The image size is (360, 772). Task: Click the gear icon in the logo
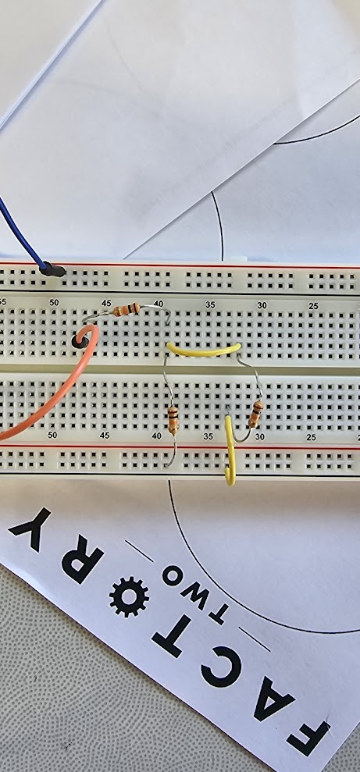129,596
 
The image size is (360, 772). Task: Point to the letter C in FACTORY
221,667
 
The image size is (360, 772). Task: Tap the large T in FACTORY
172,635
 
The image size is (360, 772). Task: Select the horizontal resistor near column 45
126,310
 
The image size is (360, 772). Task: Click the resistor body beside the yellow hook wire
255,414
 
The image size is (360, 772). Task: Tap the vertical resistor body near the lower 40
173,420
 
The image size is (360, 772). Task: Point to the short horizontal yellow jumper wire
203,350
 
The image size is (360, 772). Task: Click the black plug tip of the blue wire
52,270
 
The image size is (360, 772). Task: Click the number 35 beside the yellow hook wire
209,436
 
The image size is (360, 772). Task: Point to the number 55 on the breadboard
2,301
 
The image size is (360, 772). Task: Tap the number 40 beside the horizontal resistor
158,304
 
